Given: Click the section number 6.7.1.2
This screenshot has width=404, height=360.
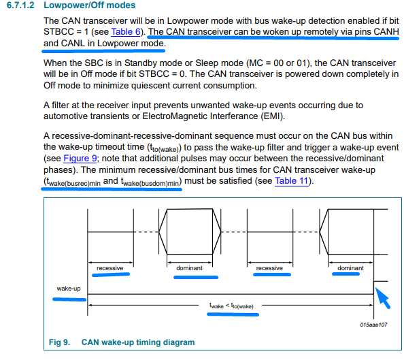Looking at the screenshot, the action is [x=20, y=5].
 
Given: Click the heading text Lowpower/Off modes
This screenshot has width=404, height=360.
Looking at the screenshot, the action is [x=89, y=5].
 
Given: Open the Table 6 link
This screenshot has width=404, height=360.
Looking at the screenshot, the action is [x=126, y=32].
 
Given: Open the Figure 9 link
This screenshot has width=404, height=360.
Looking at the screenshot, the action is [x=80, y=158].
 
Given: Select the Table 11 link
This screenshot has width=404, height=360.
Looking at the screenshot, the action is [x=292, y=181].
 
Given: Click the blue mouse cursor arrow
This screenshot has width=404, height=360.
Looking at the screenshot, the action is [x=382, y=297].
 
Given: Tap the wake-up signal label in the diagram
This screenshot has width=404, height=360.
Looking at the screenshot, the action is [x=69, y=289].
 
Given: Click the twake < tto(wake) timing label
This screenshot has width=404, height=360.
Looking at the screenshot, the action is [x=231, y=306].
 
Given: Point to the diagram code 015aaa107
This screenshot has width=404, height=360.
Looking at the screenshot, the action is [x=373, y=325].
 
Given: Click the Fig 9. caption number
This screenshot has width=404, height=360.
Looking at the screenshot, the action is [x=59, y=342].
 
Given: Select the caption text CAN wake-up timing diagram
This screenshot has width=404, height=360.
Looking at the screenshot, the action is [x=138, y=342].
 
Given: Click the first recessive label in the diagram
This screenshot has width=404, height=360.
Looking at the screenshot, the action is [x=110, y=268].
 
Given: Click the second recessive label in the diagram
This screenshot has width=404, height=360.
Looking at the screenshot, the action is [x=269, y=268].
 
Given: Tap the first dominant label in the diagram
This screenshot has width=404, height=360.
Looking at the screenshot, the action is [x=189, y=268].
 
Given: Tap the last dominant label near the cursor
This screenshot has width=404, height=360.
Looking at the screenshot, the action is [x=350, y=268].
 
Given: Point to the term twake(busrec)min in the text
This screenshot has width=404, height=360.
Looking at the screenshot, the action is [x=72, y=182].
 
